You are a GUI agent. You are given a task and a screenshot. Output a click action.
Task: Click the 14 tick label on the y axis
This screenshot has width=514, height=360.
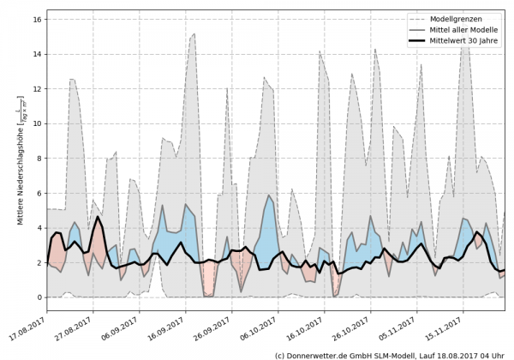pos(37,53)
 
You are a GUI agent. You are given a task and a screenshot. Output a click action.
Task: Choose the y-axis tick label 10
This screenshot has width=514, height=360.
pos(37,123)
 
